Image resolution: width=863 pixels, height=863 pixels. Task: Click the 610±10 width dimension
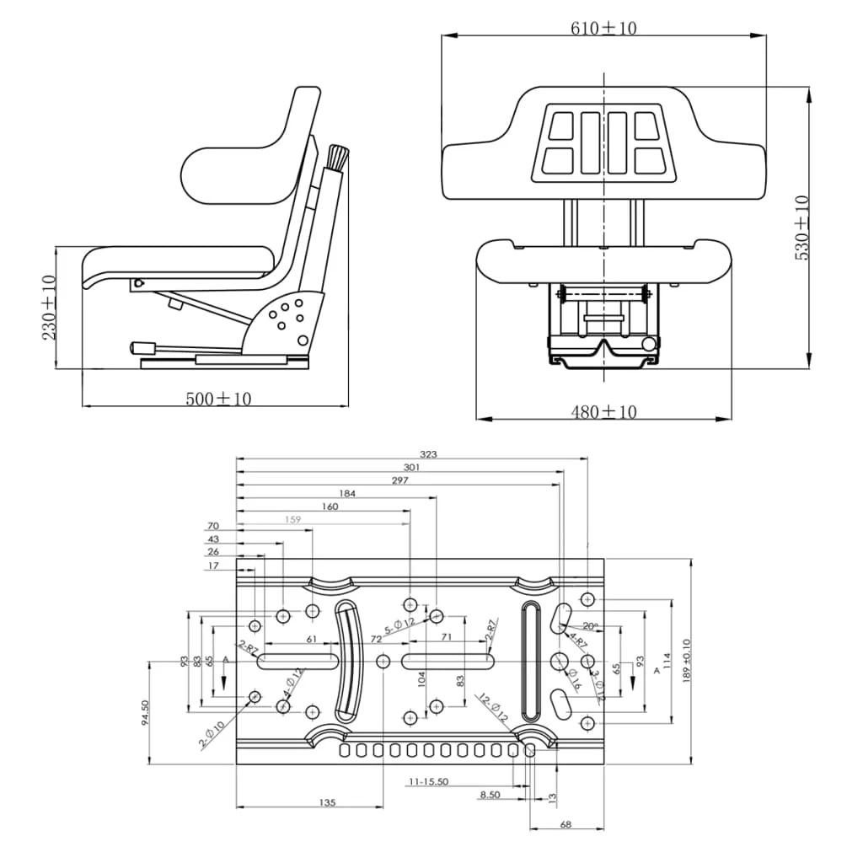(603, 29)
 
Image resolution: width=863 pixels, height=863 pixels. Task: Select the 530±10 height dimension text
(801, 228)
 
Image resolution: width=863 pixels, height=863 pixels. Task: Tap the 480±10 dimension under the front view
(603, 412)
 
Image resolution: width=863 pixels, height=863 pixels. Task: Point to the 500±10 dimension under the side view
(218, 399)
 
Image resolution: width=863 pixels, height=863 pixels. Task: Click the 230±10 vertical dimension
(49, 308)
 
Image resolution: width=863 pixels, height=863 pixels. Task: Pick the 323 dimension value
(428, 454)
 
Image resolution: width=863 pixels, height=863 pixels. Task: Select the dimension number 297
(399, 480)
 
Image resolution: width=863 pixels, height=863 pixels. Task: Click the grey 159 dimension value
(292, 520)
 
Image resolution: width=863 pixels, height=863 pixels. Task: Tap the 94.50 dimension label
(144, 713)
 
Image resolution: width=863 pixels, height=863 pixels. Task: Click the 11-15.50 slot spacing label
(428, 781)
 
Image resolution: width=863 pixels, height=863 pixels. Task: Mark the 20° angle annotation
(591, 626)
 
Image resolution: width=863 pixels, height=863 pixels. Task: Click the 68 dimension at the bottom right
(566, 824)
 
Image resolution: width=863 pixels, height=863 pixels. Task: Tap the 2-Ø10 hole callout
(212, 733)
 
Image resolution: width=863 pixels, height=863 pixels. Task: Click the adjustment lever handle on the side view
(143, 347)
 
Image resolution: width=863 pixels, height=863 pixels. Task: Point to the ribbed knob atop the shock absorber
(337, 157)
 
